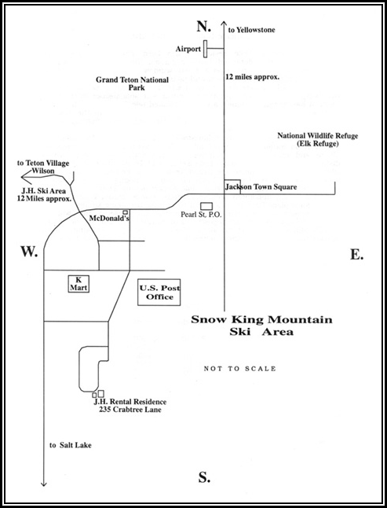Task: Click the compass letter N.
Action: [x=203, y=26]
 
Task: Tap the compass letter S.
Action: [x=204, y=477]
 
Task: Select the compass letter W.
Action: [x=29, y=252]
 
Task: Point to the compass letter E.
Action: [x=357, y=255]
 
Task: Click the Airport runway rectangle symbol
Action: [x=206, y=49]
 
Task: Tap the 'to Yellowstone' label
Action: [x=251, y=30]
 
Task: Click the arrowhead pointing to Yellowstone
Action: [x=224, y=24]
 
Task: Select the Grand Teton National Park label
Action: [x=132, y=83]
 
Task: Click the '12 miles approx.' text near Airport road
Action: [x=252, y=77]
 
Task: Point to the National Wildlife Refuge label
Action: [x=317, y=140]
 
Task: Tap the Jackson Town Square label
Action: [x=261, y=187]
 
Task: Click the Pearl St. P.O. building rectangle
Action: [x=206, y=206]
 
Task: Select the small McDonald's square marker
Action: [x=125, y=212]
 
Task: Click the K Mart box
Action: [x=78, y=284]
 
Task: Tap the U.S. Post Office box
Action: [x=159, y=293]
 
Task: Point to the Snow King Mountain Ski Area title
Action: [x=261, y=326]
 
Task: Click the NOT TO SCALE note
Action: [x=239, y=369]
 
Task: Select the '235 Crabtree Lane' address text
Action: [x=130, y=410]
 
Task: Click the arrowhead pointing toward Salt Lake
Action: [x=44, y=484]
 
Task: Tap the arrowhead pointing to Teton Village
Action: [x=24, y=177]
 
